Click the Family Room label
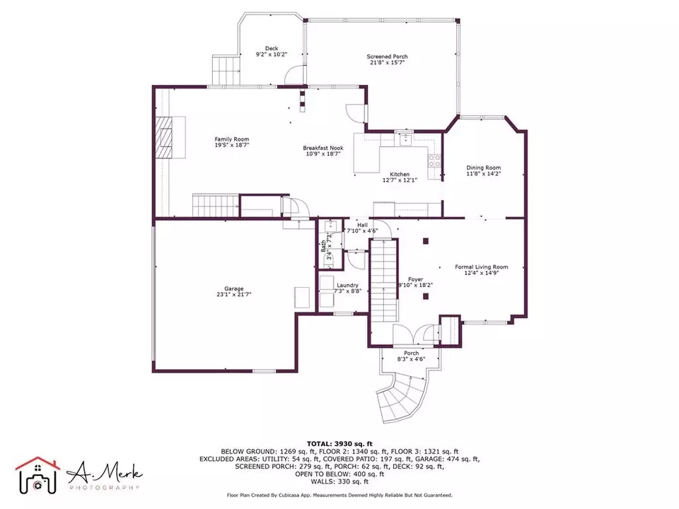pyautogui.click(x=232, y=139)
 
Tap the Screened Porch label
pyautogui.click(x=387, y=57)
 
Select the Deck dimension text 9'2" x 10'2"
pyautogui.click(x=272, y=54)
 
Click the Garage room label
pyautogui.click(x=234, y=288)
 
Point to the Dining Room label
pyautogui.click(x=483, y=168)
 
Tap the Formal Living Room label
pyautogui.click(x=481, y=267)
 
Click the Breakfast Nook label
pyautogui.click(x=323, y=148)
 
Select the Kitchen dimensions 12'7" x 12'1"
pyautogui.click(x=400, y=180)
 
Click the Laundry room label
pyautogui.click(x=347, y=285)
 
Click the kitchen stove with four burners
pyautogui.click(x=434, y=161)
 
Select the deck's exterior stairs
pyautogui.click(x=226, y=70)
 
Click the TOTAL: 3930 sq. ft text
pyautogui.click(x=339, y=444)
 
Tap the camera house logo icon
pyautogui.click(x=37, y=476)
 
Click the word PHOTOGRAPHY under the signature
pyautogui.click(x=105, y=488)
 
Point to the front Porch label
pyautogui.click(x=411, y=353)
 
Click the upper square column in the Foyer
pyautogui.click(x=426, y=241)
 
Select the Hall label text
pyautogui.click(x=362, y=225)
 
